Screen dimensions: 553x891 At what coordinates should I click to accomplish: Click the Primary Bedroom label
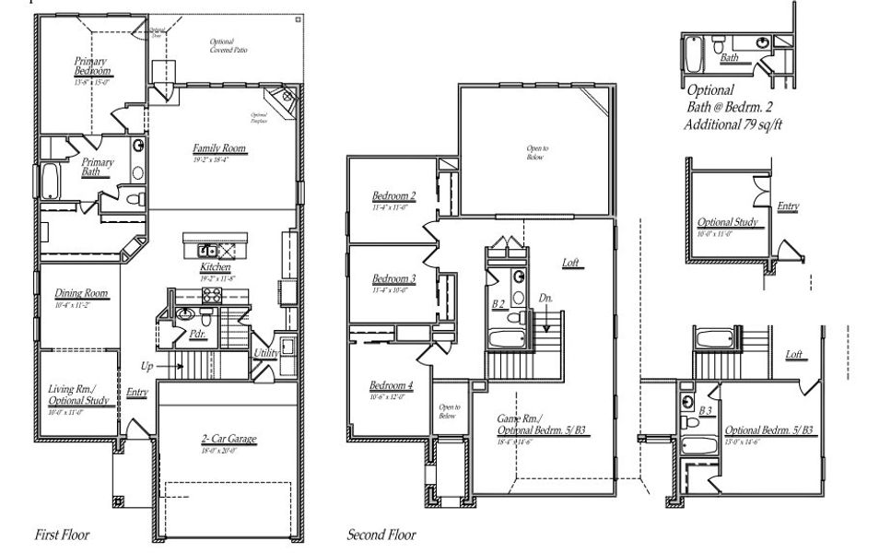pyautogui.click(x=93, y=66)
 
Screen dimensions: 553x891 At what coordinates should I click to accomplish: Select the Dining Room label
pyautogui.click(x=81, y=293)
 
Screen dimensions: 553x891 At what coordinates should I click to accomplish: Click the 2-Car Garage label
pyautogui.click(x=229, y=439)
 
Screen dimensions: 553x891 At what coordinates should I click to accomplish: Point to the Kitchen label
pyautogui.click(x=215, y=266)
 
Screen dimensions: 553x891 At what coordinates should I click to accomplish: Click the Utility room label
pyautogui.click(x=268, y=353)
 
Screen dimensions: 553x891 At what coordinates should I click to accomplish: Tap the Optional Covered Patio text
pyautogui.click(x=222, y=46)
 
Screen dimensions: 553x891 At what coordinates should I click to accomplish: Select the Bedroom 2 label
pyautogui.click(x=393, y=195)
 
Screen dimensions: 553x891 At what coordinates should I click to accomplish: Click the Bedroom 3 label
pyautogui.click(x=393, y=278)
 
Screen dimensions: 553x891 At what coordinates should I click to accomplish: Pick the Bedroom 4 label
pyautogui.click(x=391, y=385)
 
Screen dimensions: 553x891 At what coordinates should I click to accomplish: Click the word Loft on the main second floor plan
pyautogui.click(x=571, y=263)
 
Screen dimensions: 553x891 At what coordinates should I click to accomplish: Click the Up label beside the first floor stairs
pyautogui.click(x=147, y=366)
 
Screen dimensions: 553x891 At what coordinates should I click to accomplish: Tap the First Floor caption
pyautogui.click(x=63, y=534)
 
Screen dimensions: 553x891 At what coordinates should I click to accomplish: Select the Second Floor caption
pyautogui.click(x=381, y=535)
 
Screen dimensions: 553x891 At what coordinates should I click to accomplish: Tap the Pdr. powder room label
pyautogui.click(x=197, y=335)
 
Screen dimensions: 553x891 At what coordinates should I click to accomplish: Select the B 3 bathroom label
pyautogui.click(x=708, y=410)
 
